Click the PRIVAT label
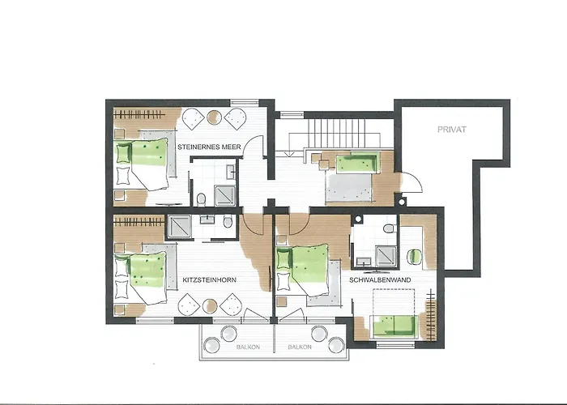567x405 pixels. point(452,129)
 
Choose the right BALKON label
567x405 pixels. point(300,346)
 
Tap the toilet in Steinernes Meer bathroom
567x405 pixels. point(201,198)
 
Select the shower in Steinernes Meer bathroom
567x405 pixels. point(223,194)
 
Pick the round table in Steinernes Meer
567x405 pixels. point(213,118)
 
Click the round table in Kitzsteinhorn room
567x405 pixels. point(211,306)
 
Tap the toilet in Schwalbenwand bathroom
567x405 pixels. point(390,229)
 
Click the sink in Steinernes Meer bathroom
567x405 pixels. point(231,172)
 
